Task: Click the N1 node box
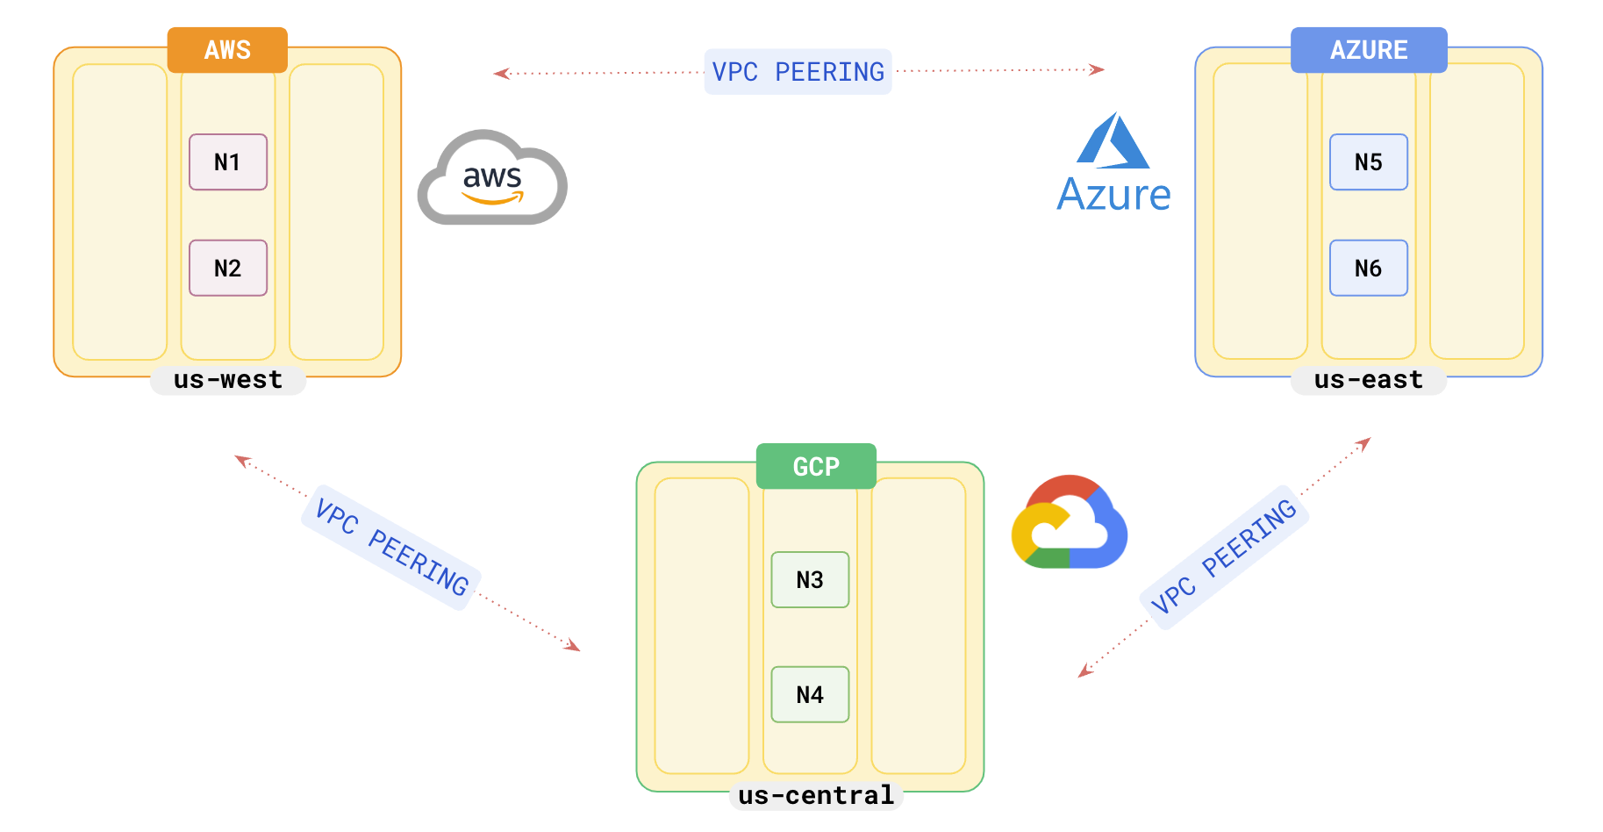pos(227,162)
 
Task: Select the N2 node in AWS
pos(227,269)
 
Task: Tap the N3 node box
pos(809,580)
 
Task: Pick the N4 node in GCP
pos(809,695)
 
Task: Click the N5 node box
pos(1368,162)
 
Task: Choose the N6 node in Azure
pos(1368,269)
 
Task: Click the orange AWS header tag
pos(227,50)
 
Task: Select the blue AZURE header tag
pos(1368,50)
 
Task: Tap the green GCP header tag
pos(816,467)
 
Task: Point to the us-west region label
pos(227,380)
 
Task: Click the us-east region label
pos(1368,380)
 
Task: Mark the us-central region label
pos(816,796)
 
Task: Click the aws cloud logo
pos(492,178)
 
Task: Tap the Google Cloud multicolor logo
pos(1070,523)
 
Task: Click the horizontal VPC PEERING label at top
pos(798,72)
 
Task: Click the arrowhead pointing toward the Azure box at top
pos(1097,69)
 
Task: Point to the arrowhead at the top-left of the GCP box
pos(573,647)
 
